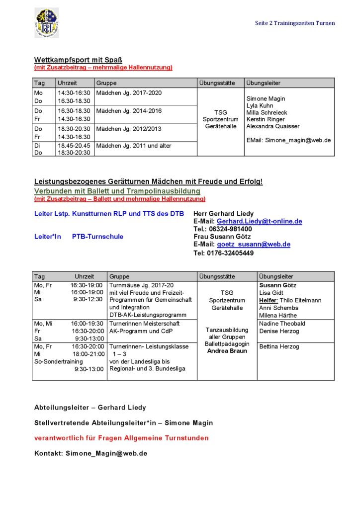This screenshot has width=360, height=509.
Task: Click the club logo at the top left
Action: coord(46,23)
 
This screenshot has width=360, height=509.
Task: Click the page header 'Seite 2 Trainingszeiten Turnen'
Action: coord(295,23)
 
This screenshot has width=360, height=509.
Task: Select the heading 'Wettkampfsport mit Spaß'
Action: coord(75,60)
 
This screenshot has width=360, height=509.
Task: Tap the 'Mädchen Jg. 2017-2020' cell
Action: coord(129,93)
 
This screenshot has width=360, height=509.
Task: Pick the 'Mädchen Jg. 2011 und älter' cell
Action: coord(134,145)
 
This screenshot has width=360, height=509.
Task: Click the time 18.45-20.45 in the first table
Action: coord(74,145)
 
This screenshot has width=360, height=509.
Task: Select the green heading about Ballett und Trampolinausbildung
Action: coord(117,191)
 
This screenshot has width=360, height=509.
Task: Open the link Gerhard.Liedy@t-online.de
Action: coord(259,221)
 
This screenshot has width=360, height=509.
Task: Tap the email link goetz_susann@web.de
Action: coord(254,245)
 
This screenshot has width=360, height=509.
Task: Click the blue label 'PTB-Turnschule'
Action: coord(97,237)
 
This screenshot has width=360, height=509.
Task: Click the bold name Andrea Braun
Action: coord(227,351)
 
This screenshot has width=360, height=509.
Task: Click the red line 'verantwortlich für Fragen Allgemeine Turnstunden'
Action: coord(121,438)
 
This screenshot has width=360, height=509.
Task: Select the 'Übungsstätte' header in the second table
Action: coord(217,276)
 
